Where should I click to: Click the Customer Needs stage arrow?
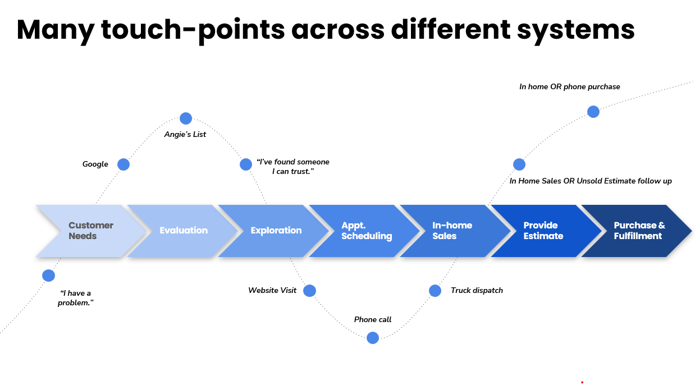[x=90, y=231]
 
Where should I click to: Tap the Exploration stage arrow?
[x=276, y=231]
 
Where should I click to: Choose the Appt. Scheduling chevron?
[x=367, y=231]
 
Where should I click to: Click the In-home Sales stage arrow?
[x=452, y=231]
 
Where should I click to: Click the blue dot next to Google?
[x=124, y=164]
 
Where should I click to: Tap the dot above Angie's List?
[x=186, y=118]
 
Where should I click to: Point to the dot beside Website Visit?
[x=309, y=291]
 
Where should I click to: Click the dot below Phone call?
[x=373, y=338]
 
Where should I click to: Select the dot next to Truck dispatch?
[x=435, y=291]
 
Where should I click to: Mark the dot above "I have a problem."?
[x=49, y=276]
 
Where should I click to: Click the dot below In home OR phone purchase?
[x=593, y=112]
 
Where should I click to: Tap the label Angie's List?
[x=185, y=135]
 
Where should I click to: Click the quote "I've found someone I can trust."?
[x=292, y=167]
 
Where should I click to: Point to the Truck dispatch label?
[x=477, y=291]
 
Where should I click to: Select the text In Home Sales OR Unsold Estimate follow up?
[x=591, y=181]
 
